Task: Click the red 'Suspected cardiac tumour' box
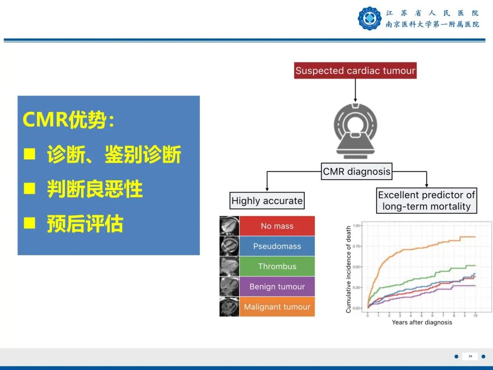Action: [x=355, y=71]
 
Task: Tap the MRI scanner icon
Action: [x=356, y=130]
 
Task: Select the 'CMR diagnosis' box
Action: [x=357, y=172]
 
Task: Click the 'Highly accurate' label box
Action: [x=267, y=201]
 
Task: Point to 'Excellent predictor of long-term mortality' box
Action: [x=426, y=201]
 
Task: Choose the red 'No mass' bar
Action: [x=277, y=226]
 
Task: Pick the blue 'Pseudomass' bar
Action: [x=277, y=246]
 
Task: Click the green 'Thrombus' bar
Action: [x=277, y=266]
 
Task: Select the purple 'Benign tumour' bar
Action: [x=277, y=286]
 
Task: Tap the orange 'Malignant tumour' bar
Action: [x=277, y=307]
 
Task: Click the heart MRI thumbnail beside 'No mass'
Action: [x=229, y=226]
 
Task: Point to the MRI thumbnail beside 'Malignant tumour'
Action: [x=229, y=307]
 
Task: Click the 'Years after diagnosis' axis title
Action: [x=422, y=322]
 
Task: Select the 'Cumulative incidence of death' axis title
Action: [x=349, y=270]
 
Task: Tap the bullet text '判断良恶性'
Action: [x=95, y=189]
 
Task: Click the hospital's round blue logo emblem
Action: [x=369, y=19]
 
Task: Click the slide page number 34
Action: [x=470, y=356]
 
